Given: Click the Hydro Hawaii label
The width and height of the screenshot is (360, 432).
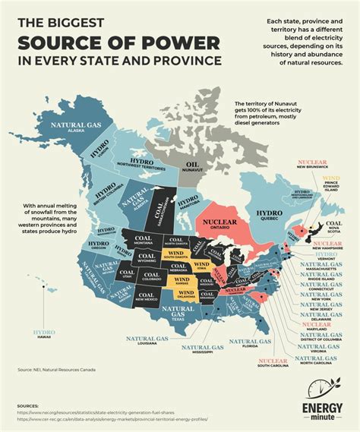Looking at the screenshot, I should click(43, 334).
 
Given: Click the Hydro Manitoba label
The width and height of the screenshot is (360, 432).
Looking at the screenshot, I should click(188, 203).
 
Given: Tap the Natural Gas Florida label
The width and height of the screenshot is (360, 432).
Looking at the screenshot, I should click(252, 345).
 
